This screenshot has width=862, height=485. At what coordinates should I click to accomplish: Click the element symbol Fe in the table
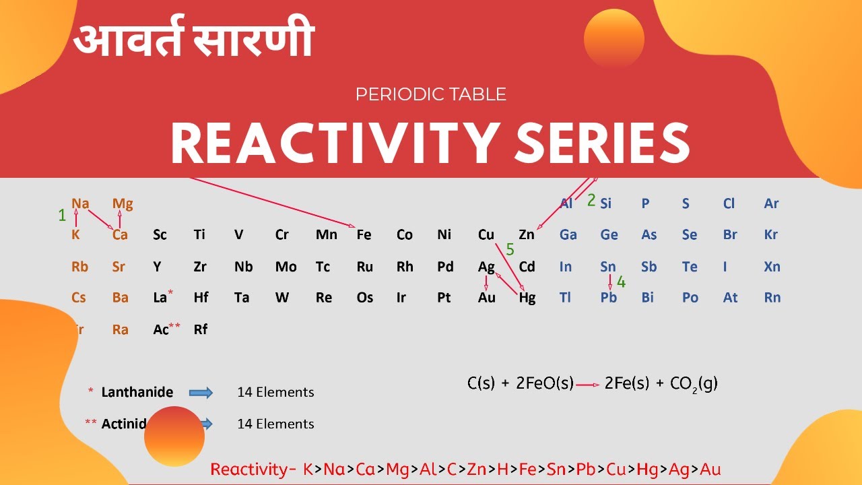(364, 235)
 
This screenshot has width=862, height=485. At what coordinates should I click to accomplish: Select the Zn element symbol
(527, 235)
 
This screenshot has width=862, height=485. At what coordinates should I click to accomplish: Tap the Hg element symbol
(527, 298)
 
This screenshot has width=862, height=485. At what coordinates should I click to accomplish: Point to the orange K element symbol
(76, 235)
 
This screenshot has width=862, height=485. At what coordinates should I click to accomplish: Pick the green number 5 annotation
(510, 250)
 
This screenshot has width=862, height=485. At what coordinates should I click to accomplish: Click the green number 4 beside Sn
(621, 282)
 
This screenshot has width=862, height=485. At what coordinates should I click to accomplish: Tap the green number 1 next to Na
(63, 215)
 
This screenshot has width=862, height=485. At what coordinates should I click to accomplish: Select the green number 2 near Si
(591, 200)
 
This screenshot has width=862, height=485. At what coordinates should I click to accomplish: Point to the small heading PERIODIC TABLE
(431, 94)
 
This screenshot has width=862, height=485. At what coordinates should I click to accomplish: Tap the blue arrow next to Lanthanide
(201, 392)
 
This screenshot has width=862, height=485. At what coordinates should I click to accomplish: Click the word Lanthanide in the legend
(137, 392)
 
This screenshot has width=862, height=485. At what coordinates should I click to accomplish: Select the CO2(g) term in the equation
(694, 384)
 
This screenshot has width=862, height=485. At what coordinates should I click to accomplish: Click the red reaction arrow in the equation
(587, 385)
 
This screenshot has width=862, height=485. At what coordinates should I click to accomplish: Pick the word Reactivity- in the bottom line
(253, 470)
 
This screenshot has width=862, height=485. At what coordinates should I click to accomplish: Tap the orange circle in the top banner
(614, 38)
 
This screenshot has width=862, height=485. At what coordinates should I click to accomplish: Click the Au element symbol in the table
(487, 298)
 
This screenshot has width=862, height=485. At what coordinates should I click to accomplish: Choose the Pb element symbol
(609, 298)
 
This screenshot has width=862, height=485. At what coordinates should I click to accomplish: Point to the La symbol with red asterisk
(160, 298)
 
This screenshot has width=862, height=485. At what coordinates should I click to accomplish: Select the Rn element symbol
(772, 298)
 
